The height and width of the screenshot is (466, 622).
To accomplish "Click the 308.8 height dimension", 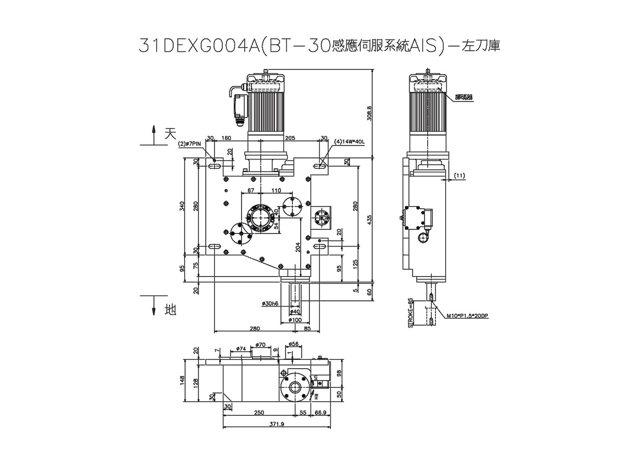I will pyautogui.click(x=369, y=113).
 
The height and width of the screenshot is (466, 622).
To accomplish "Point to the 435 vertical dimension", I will pyautogui.click(x=369, y=220).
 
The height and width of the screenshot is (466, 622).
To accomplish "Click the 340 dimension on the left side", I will pyautogui.click(x=182, y=207).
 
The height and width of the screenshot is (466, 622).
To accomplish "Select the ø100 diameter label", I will pyautogui.click(x=294, y=321).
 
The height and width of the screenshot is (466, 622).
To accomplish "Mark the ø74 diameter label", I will pyautogui.click(x=241, y=349).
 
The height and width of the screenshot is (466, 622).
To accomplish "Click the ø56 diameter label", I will pyautogui.click(x=293, y=344).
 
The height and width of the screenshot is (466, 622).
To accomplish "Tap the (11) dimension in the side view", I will pyautogui.click(x=459, y=176).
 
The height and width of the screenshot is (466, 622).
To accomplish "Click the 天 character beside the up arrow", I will pyautogui.click(x=169, y=134).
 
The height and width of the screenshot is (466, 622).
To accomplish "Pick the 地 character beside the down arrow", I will pyautogui.click(x=169, y=310).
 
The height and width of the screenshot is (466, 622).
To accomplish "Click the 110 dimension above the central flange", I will pyautogui.click(x=276, y=191).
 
